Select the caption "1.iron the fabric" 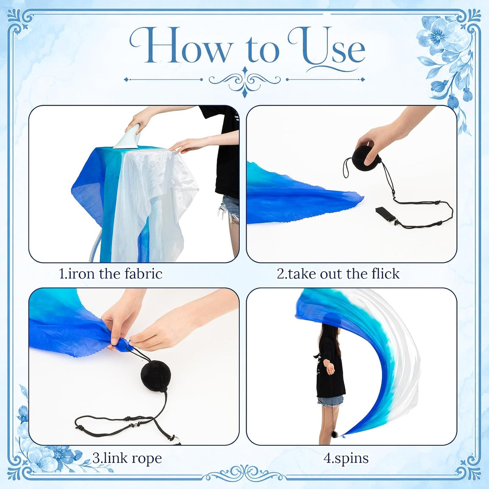click(x=111, y=274)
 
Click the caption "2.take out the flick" click(x=338, y=274)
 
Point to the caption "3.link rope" click(x=127, y=458)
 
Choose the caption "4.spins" click(x=346, y=458)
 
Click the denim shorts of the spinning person click(x=330, y=401)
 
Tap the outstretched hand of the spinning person click(x=330, y=370)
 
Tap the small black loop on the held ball click(x=347, y=167)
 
